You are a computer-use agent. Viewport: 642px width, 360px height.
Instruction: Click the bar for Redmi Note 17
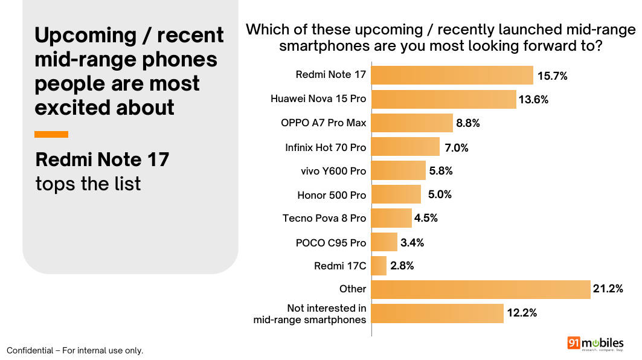452,76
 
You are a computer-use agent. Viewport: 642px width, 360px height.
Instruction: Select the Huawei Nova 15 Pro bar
444,99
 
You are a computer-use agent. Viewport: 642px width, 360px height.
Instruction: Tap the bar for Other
481,289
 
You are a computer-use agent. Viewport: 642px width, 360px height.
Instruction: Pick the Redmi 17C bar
379,266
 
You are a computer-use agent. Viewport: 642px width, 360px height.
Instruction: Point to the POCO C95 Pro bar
385,242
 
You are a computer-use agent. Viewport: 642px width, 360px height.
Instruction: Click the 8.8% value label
468,123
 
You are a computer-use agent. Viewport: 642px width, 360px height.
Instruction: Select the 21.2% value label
608,289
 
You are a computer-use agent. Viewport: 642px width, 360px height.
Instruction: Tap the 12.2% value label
522,313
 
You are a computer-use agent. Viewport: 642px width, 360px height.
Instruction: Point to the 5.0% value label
440,194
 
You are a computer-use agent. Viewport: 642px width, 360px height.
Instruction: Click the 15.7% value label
553,76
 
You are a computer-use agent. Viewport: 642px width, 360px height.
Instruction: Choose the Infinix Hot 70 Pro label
326,147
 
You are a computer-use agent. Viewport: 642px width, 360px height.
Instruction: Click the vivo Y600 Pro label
333,171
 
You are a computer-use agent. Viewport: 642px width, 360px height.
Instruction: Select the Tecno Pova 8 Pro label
324,218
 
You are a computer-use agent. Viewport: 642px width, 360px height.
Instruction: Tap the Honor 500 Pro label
332,195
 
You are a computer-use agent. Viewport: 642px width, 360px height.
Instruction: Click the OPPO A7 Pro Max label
324,123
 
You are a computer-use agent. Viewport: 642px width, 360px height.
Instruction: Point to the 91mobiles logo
595,344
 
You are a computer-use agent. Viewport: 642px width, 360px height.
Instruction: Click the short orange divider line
51,134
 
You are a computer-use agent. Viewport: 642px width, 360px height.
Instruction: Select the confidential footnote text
75,350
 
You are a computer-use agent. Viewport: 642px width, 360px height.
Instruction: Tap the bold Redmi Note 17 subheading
102,159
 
